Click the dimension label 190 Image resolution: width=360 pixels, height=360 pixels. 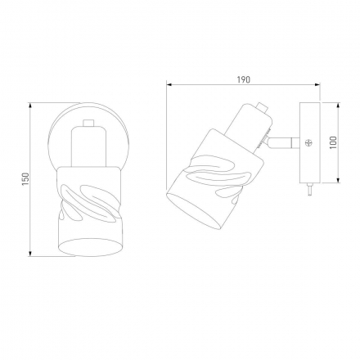point(243,79)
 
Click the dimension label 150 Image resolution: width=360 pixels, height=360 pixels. point(25,179)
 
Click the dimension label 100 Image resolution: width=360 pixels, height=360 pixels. point(333,142)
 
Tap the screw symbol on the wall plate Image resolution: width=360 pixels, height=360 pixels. point(308,142)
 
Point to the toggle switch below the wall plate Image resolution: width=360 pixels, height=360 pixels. point(308,189)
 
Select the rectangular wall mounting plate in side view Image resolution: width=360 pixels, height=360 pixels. point(309,142)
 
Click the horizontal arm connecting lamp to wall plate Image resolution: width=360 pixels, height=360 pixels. point(283,142)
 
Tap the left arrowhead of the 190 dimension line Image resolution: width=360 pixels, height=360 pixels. point(169,85)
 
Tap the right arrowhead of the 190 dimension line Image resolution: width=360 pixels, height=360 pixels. point(317,85)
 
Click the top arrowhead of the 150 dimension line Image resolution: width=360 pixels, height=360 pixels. point(30,106)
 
